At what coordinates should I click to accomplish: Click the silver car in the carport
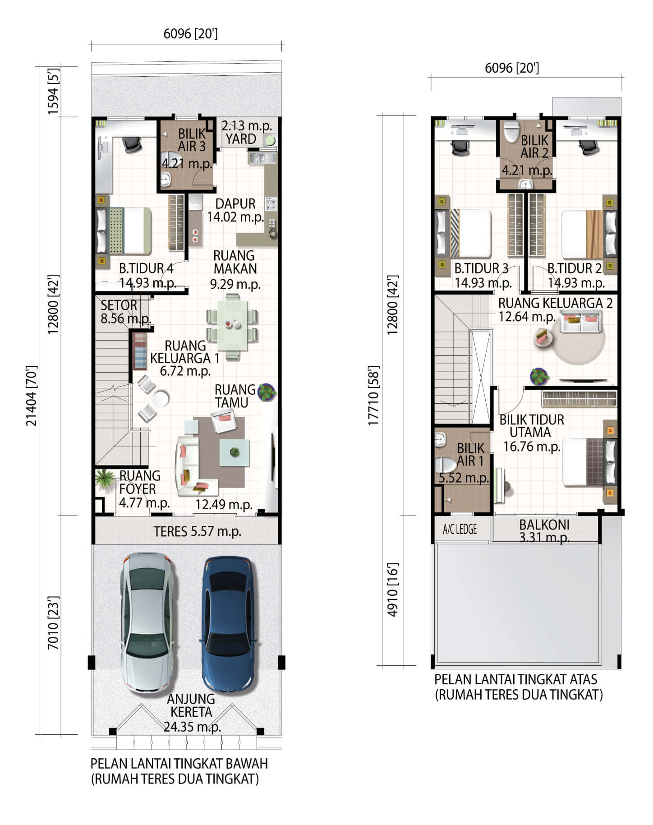[x=147, y=622]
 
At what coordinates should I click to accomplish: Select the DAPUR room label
[x=235, y=203]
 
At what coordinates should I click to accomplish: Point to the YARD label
[x=241, y=139]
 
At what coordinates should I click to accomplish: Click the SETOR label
[x=119, y=305]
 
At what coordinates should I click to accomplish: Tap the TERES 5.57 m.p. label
[x=197, y=531]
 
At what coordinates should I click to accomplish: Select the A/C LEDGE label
[x=460, y=529]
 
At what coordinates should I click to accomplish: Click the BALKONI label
[x=544, y=525]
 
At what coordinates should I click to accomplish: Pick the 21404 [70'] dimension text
[x=31, y=396]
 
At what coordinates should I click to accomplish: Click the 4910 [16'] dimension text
[x=392, y=590]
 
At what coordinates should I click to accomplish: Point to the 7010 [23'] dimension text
[x=53, y=623]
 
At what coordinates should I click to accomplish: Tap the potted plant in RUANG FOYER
[x=105, y=479]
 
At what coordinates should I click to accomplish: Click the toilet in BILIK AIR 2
[x=511, y=131]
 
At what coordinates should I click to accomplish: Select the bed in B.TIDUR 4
[x=124, y=230]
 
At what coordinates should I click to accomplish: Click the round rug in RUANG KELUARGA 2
[x=579, y=340]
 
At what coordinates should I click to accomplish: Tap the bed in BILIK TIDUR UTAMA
[x=588, y=462]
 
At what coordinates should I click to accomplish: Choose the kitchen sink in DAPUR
[x=262, y=158]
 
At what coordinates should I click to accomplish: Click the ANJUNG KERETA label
[x=191, y=705]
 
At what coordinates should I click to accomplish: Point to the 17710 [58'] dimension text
[x=373, y=396]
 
